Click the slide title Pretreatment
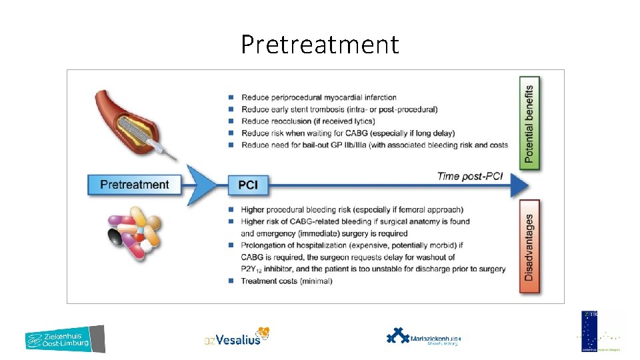[x=320, y=45]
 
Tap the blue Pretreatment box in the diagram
[x=134, y=185]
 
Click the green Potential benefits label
[x=529, y=123]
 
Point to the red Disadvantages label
[x=529, y=246]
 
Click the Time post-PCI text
[x=469, y=177]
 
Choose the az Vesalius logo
[x=237, y=337]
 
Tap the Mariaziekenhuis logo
[x=423, y=337]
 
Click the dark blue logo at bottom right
[x=591, y=331]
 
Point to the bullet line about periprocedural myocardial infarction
[x=319, y=97]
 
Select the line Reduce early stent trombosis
[x=339, y=109]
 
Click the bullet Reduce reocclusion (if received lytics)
[x=308, y=121]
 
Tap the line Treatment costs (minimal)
[x=286, y=281]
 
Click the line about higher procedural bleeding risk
[x=352, y=209]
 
